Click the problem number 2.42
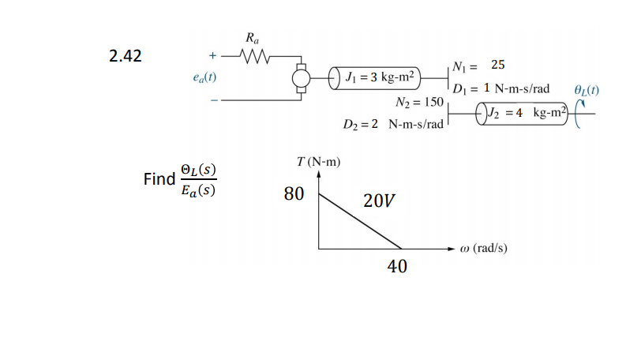[126, 57]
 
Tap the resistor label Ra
[250, 38]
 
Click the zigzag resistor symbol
[254, 56]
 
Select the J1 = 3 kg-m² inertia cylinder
[377, 78]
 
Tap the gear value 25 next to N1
[498, 64]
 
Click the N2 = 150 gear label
[418, 103]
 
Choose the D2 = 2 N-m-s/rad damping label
[393, 125]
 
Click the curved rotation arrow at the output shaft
[580, 115]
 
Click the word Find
[159, 179]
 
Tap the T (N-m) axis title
[317, 163]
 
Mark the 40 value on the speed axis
[397, 267]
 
